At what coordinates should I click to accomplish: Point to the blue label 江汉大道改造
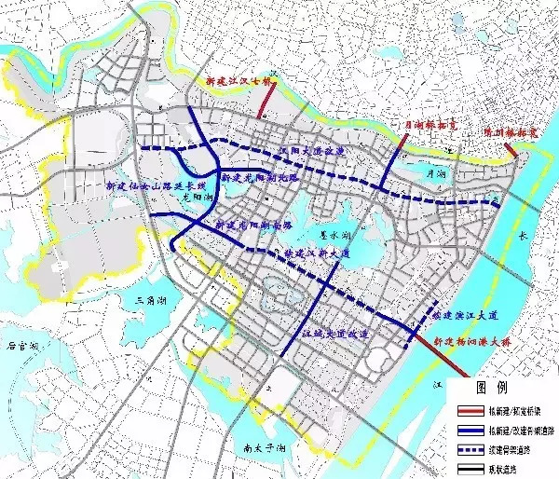tap(309, 150)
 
